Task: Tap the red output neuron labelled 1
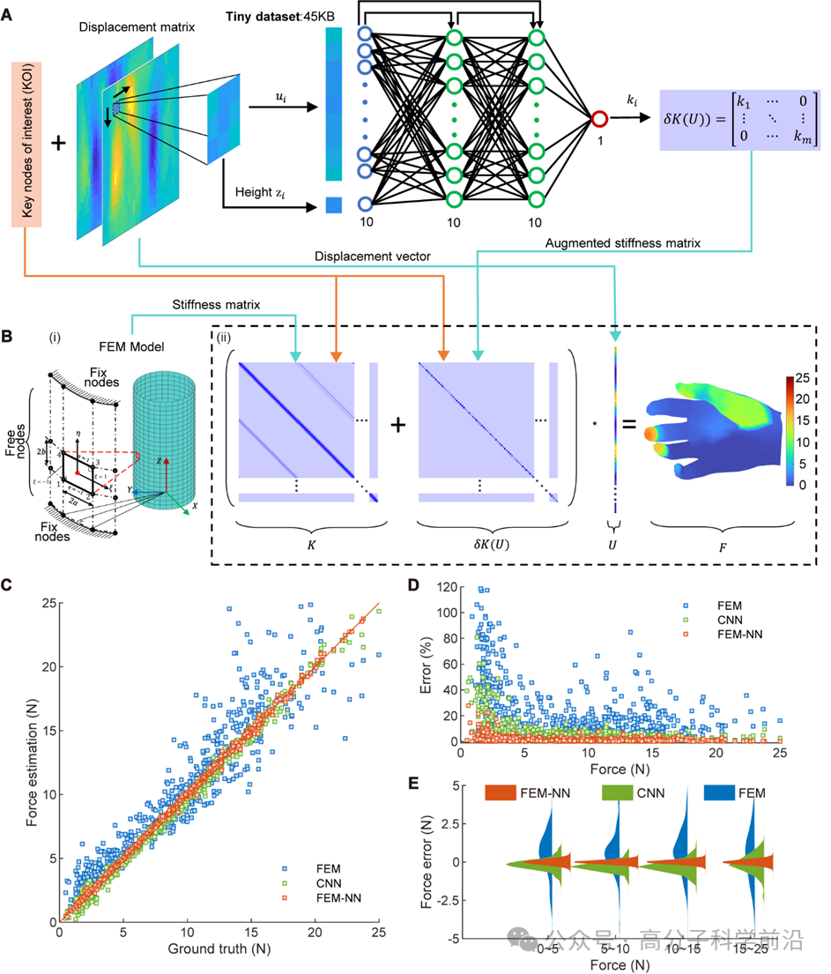[x=600, y=118]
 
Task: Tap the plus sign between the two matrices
[x=398, y=425]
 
